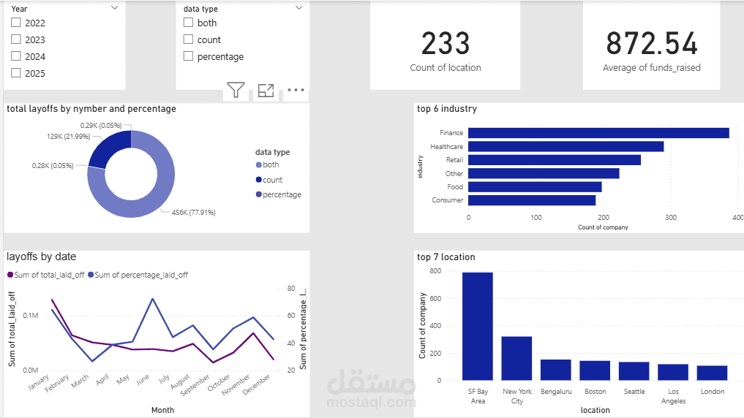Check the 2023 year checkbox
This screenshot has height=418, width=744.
[16, 39]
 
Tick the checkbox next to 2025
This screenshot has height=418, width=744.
[16, 73]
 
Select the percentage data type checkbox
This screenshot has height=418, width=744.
[188, 56]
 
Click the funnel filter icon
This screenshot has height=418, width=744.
[236, 90]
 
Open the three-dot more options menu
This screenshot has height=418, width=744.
[296, 90]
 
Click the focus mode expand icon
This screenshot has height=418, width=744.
[266, 90]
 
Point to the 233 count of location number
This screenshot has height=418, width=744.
[446, 44]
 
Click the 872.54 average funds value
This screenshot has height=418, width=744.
[652, 44]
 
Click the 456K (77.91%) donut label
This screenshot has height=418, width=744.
[194, 213]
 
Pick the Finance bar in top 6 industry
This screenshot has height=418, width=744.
[599, 133]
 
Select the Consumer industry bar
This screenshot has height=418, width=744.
[532, 200]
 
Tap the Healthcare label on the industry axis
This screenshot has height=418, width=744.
[446, 146]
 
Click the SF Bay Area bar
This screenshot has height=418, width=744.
[478, 326]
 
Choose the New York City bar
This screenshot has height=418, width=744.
[516, 358]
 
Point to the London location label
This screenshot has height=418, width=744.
[713, 392]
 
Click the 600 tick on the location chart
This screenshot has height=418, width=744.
[435, 299]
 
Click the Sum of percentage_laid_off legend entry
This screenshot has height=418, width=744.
[138, 275]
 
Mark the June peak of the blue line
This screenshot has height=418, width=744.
[152, 299]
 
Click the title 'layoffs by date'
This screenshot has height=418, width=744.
[41, 257]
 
